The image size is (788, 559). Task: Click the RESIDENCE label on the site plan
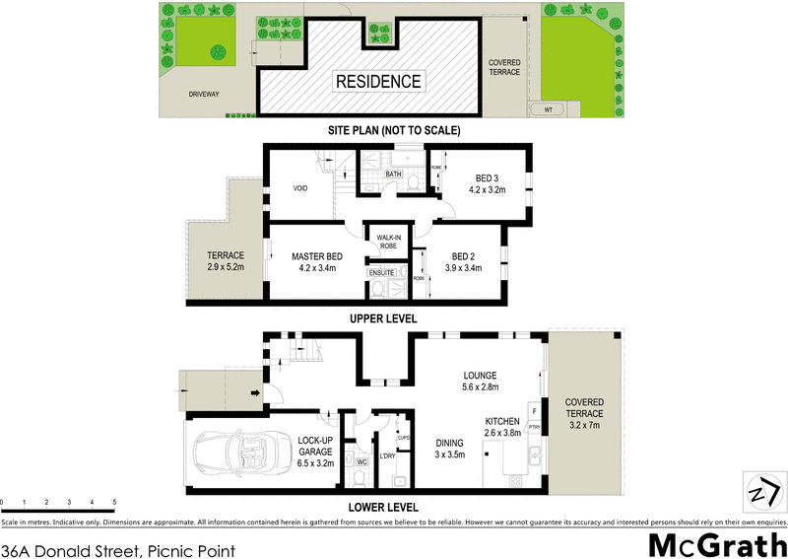(x=379, y=81)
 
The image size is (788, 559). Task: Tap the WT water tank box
(x=549, y=109)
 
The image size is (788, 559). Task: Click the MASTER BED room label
(x=316, y=262)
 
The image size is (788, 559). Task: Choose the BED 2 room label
(x=462, y=262)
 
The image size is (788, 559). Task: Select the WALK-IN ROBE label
(x=381, y=242)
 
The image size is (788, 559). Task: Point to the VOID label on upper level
(x=302, y=188)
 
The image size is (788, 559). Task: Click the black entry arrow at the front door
(x=257, y=394)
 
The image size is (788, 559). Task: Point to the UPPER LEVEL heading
(x=383, y=319)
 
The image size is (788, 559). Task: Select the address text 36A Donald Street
(x=117, y=543)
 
